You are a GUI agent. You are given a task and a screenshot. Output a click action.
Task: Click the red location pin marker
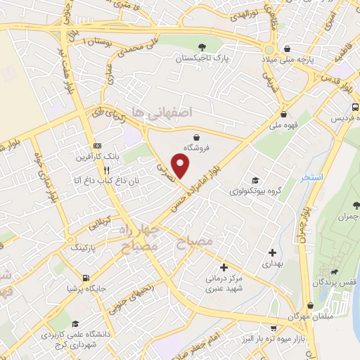[181, 165]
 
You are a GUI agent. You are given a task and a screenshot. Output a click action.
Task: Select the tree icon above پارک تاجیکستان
[222, 46]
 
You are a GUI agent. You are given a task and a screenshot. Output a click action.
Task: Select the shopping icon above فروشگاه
[197, 137]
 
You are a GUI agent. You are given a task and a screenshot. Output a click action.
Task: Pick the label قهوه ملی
[283, 127]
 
